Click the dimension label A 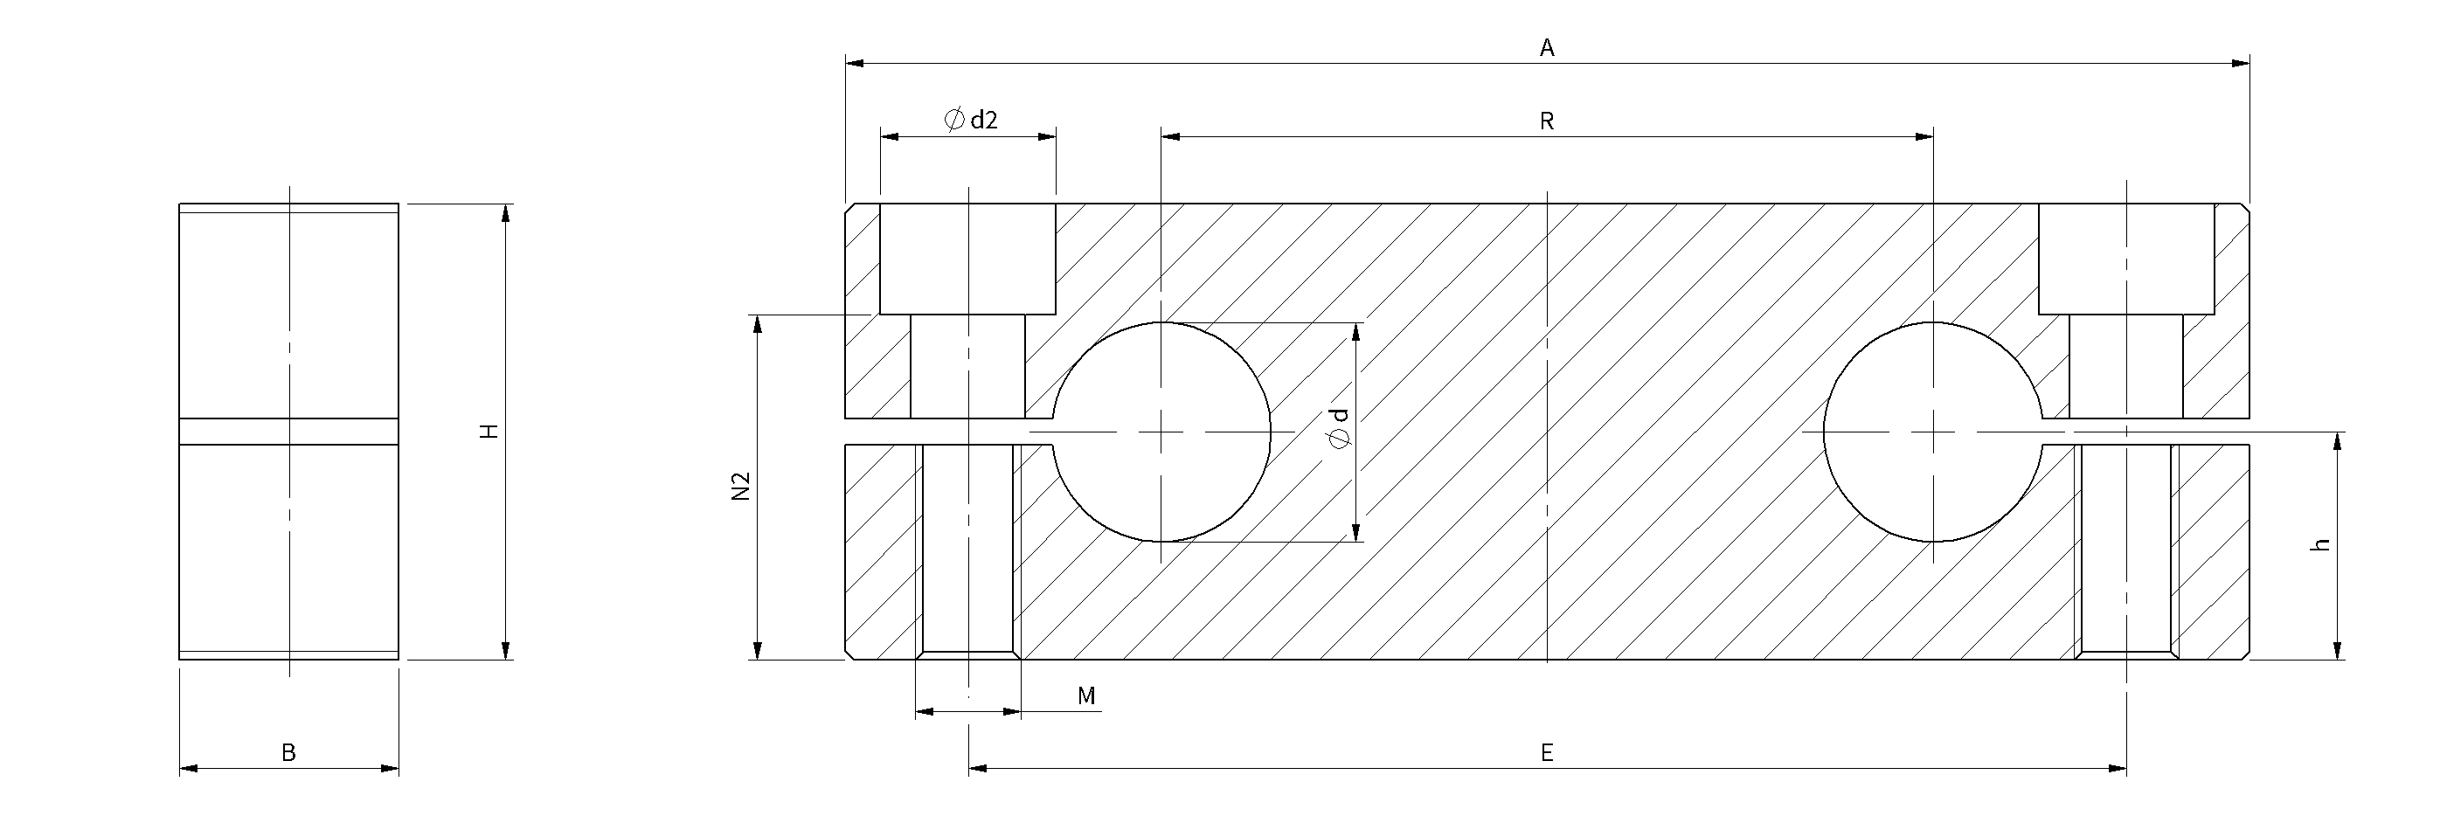1547,47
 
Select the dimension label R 1547,121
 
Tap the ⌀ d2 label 970,120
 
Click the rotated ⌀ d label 1340,428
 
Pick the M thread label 1086,696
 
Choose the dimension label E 1547,753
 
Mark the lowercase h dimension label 2320,545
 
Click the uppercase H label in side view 489,431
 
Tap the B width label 288,753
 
